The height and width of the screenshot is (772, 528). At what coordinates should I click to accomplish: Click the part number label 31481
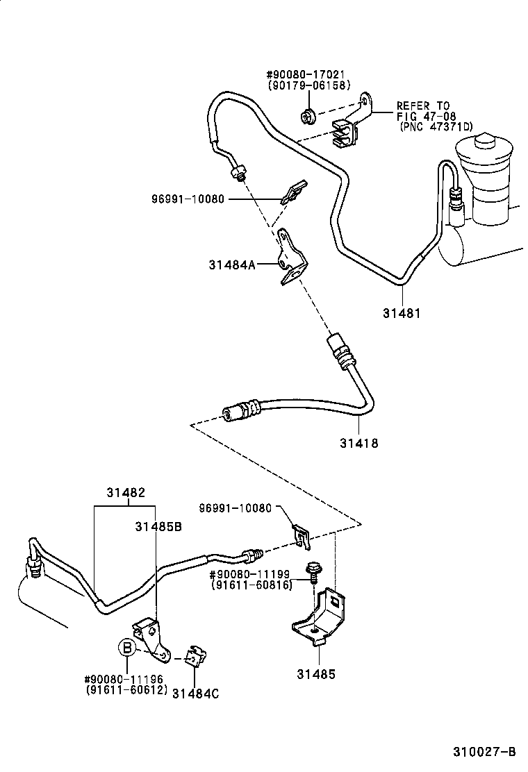coord(401,313)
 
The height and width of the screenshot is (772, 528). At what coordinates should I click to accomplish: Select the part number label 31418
coord(359,442)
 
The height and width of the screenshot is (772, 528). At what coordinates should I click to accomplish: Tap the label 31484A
coord(232,264)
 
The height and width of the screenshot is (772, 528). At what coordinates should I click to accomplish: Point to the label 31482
coord(126,493)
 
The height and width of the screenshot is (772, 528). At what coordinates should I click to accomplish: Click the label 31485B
coord(158,526)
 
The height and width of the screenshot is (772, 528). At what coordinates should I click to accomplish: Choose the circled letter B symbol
coord(126,648)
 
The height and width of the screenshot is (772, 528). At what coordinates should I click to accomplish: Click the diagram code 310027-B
coord(485,751)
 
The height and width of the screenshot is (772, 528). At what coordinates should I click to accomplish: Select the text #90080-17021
coord(306,75)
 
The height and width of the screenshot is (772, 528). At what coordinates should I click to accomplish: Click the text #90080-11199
coord(251,575)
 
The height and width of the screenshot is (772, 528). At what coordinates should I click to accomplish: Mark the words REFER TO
coord(423,106)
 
